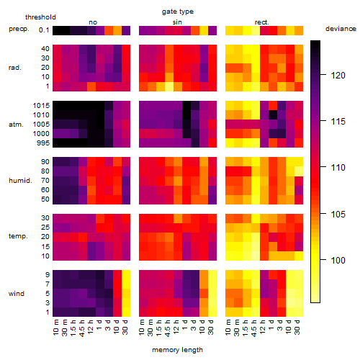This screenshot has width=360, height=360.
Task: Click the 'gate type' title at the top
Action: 178,12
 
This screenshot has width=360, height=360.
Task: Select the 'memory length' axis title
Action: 177,350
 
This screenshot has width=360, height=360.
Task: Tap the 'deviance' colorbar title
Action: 341,29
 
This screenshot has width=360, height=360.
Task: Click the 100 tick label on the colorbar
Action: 338,260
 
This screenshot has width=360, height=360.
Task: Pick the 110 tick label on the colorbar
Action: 338,167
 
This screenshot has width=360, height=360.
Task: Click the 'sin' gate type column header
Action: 177,22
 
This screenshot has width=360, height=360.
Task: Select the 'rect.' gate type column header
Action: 261,22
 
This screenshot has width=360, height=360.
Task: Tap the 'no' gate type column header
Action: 93,22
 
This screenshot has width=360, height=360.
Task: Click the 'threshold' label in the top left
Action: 40,17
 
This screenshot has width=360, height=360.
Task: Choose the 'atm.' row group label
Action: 16,125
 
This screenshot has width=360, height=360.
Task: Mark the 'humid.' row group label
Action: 20,181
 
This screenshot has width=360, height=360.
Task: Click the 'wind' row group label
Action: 17,294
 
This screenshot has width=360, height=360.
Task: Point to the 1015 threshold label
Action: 41,106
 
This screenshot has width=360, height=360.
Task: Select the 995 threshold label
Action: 43,143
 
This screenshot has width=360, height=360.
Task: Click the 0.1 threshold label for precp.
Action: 44,30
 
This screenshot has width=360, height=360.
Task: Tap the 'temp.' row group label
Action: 18,236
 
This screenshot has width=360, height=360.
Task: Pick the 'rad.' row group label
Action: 15,68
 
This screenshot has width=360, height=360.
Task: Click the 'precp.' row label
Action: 19,30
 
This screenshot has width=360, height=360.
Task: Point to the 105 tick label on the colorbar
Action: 338,214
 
